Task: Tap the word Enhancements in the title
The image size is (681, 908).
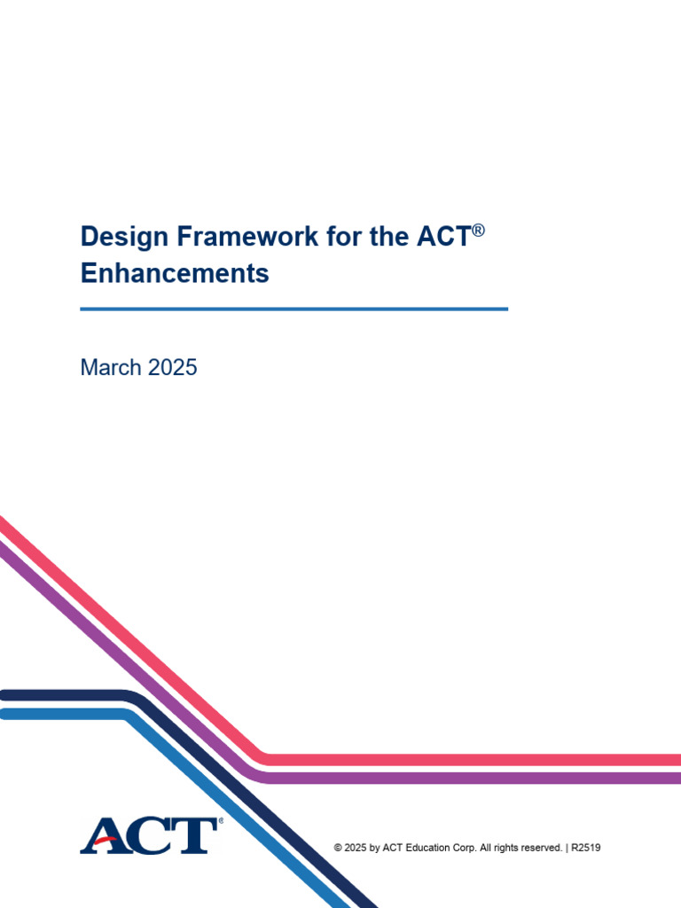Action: click(x=175, y=273)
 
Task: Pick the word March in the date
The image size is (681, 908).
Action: click(x=110, y=367)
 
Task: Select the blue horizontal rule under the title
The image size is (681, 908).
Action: click(x=294, y=309)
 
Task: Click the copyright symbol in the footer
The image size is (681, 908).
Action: click(x=338, y=848)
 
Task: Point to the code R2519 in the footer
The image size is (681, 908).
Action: click(x=586, y=848)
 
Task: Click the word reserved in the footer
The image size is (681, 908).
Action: click(x=538, y=848)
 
